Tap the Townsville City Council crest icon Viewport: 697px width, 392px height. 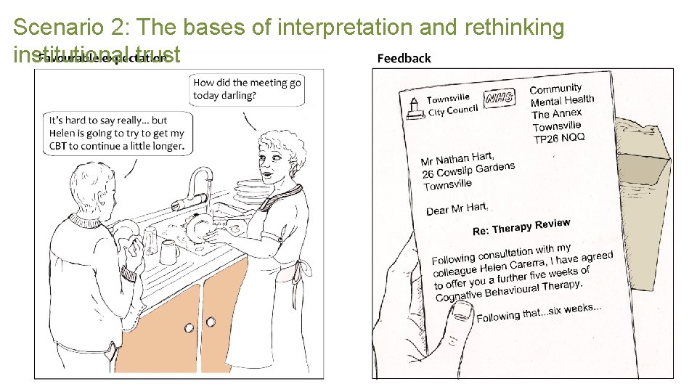(x=415, y=107)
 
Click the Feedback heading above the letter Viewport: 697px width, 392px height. (x=404, y=58)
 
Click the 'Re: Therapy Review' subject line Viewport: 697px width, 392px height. (x=521, y=227)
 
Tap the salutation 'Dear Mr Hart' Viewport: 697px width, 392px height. (x=457, y=209)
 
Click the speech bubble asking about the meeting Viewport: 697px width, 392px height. (x=247, y=89)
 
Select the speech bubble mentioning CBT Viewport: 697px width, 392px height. (x=117, y=132)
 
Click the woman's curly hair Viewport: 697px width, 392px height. (x=278, y=148)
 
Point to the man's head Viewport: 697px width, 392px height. (x=91, y=184)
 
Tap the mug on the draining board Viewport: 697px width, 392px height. (x=168, y=252)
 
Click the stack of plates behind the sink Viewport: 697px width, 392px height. (x=248, y=191)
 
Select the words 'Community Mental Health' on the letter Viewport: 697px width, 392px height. (x=561, y=94)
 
